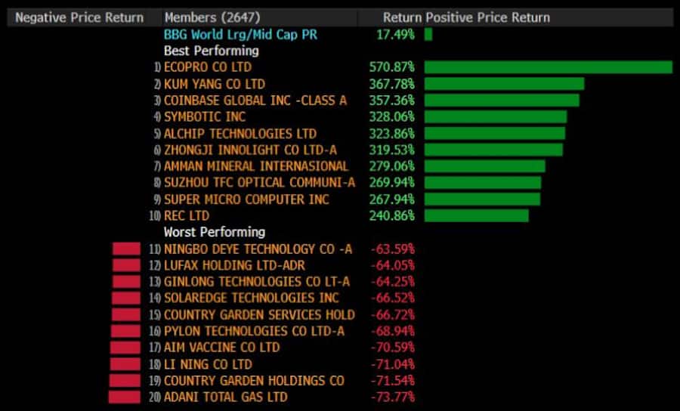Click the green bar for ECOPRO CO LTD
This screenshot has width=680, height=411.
548,67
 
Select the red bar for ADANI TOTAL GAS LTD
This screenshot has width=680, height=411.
125,397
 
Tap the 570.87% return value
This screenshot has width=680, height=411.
391,67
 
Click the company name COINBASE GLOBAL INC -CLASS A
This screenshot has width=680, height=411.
255,100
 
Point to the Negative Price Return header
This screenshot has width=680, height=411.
79,17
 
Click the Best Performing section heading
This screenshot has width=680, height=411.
211,51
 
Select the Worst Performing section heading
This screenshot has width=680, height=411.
215,232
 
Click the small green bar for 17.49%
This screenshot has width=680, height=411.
428,34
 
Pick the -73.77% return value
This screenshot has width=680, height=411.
392,397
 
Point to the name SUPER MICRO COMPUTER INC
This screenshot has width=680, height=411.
246,199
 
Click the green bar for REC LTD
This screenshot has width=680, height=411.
476,215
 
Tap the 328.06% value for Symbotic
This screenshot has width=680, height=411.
391,117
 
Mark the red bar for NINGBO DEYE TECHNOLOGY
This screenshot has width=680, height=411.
126,249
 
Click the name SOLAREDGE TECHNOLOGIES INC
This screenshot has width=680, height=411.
252,298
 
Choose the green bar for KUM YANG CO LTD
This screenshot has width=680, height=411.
504,84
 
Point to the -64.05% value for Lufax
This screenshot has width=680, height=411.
392,265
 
